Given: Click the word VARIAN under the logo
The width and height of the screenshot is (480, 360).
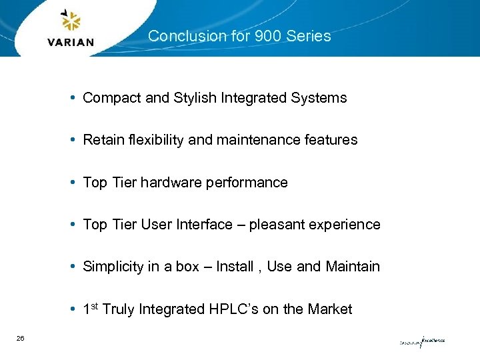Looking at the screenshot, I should (71, 43).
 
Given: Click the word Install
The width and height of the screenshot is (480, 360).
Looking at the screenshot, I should (235, 267).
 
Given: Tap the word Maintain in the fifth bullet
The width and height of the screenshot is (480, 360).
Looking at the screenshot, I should (353, 267).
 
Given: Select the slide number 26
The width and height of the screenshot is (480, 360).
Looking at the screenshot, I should (21, 339).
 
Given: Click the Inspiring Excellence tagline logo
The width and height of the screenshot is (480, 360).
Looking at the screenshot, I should (422, 341).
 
